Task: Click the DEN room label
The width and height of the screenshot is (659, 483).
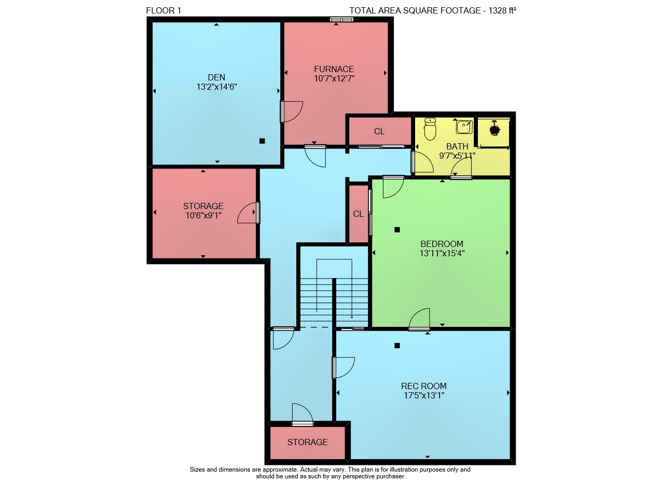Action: click(x=216, y=77)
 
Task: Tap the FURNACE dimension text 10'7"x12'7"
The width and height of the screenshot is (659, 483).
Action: click(x=334, y=78)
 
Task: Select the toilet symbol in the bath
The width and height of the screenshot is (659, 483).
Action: click(x=430, y=129)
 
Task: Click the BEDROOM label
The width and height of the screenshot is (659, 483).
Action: click(x=442, y=244)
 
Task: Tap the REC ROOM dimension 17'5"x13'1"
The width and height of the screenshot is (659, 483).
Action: click(x=424, y=395)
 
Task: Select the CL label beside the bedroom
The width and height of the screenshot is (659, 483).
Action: click(x=359, y=214)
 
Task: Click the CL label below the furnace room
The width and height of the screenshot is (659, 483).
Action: click(x=379, y=131)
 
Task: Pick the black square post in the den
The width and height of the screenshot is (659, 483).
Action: click(x=262, y=141)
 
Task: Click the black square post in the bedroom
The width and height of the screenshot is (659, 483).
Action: click(x=397, y=230)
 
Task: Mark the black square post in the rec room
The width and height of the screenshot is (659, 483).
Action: click(x=397, y=346)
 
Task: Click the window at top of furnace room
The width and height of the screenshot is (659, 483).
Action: click(x=341, y=19)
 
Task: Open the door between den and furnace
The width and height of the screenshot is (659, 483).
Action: click(x=291, y=112)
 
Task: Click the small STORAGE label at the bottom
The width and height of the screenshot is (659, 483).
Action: click(x=307, y=442)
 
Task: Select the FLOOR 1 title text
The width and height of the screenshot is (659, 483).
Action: click(x=163, y=10)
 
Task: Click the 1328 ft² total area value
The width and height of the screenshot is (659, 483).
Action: click(x=502, y=10)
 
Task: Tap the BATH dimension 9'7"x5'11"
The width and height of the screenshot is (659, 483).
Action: click(x=457, y=156)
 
